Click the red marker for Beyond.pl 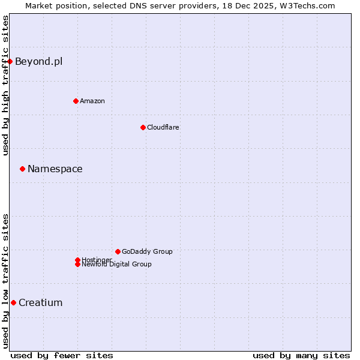coord(10,61)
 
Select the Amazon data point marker coord(76,101)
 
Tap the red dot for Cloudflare coord(143,127)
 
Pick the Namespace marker coord(22,169)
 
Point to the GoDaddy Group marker coord(118,251)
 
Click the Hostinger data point coord(77,260)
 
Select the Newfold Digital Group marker coord(77,264)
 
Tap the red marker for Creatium coord(13,302)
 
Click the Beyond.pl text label coord(38,61)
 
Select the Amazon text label coord(92,101)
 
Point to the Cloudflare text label coord(163,127)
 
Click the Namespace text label coord(55,169)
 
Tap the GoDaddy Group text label coord(147,251)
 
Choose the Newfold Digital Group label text coord(116,264)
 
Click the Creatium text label coord(40,302)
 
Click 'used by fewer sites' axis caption coord(62,355)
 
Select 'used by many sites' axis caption coord(301,355)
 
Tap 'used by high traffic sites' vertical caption coord(5,85)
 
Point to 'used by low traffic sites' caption coord(5,280)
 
